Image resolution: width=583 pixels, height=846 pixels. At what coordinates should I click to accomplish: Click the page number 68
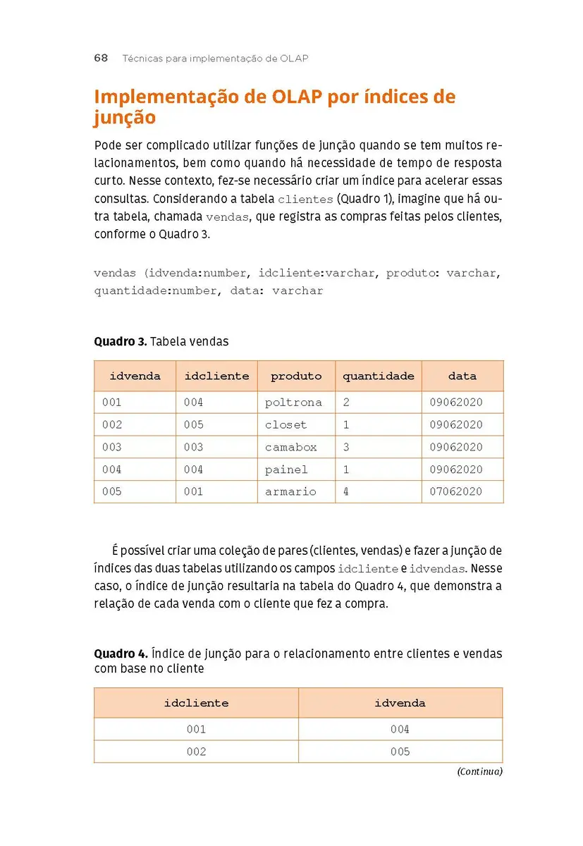coord(101,59)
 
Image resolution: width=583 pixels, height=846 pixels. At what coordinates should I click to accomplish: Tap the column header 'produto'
coord(296,376)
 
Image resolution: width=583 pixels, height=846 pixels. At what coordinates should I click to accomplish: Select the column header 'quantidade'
coord(379,376)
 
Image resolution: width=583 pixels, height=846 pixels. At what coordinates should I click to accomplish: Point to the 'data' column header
coord(462,376)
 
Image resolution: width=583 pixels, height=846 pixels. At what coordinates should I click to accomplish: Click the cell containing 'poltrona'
coord(293,403)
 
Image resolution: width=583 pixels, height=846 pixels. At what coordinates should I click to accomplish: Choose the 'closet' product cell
coord(286,425)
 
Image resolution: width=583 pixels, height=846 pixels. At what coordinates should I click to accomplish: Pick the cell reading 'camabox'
coord(290,447)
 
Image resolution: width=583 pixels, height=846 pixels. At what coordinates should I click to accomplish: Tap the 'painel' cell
coord(286,470)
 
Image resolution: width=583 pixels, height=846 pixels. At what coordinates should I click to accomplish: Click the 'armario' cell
coord(290,492)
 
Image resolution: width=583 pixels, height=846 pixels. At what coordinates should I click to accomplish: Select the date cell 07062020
coord(456,492)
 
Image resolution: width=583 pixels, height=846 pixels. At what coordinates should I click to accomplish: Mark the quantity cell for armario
coord(346,492)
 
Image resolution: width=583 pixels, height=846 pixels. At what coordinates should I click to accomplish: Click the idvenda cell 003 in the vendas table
coord(112,447)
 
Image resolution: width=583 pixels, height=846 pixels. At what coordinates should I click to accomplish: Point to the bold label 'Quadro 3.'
coord(121,341)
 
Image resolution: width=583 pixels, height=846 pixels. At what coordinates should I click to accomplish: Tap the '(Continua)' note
coord(479,771)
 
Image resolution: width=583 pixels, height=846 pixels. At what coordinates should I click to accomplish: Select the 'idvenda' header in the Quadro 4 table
coord(400,703)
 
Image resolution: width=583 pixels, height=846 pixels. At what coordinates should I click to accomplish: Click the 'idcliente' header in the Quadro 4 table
coord(196,703)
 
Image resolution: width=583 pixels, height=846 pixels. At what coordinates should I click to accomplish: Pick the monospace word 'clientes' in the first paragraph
coord(305,200)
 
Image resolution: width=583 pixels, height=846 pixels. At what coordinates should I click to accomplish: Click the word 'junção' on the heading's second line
coord(125,117)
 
